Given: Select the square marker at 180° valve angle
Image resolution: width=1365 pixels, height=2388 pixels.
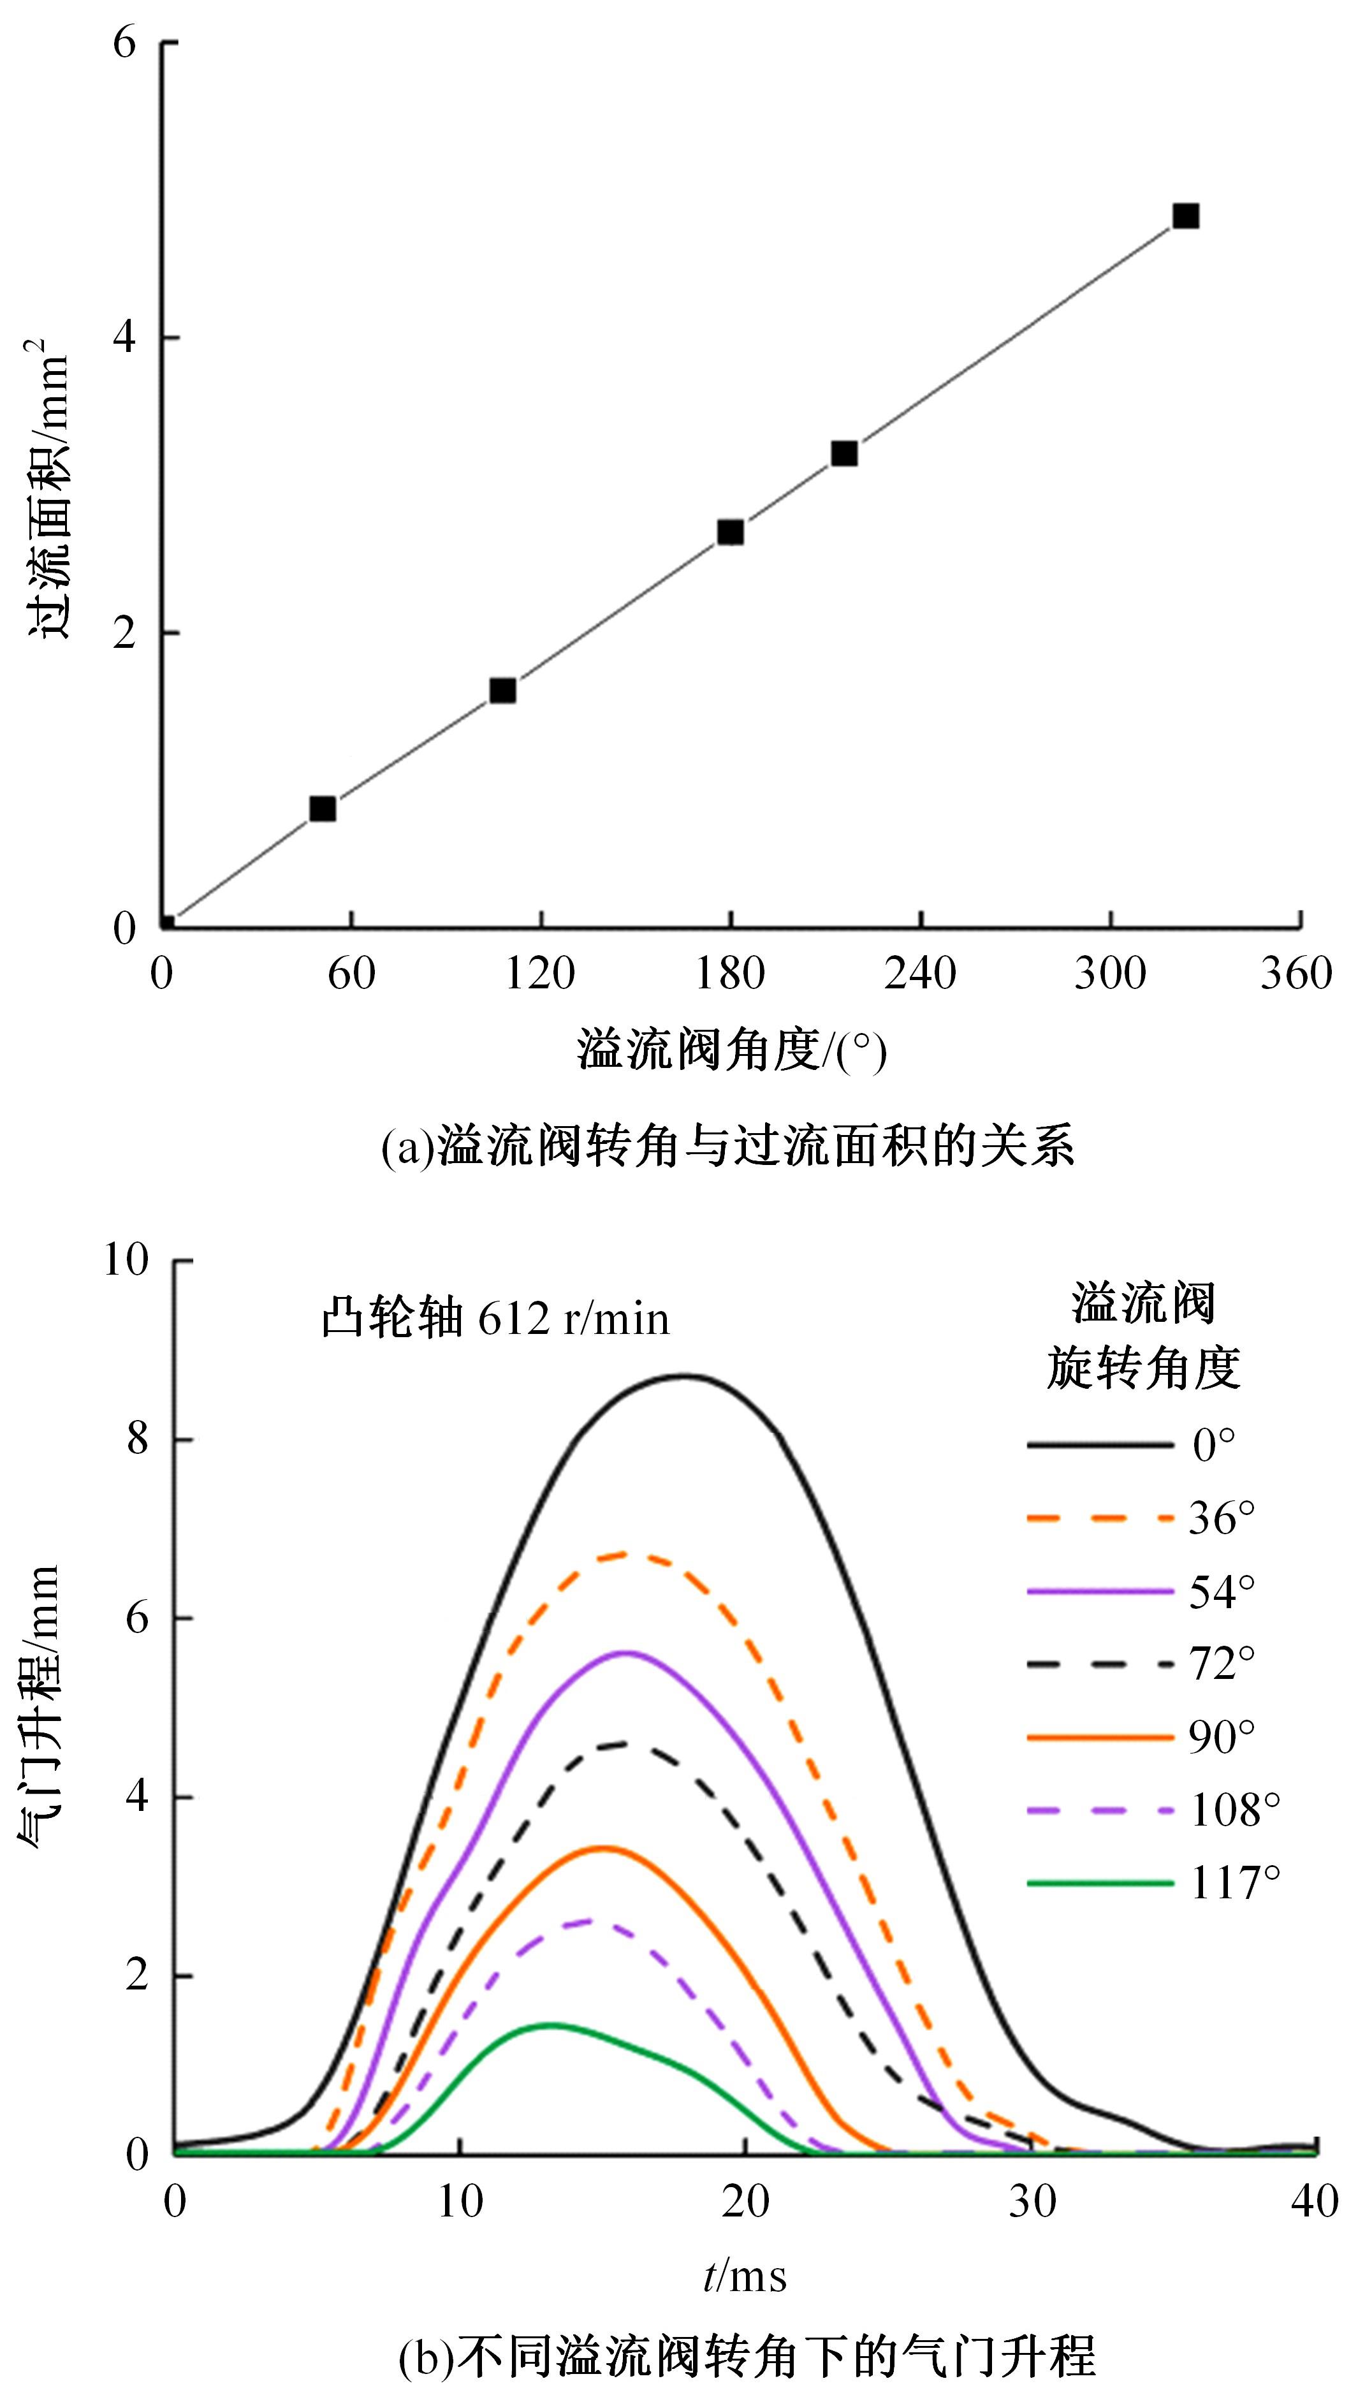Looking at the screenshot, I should tap(730, 532).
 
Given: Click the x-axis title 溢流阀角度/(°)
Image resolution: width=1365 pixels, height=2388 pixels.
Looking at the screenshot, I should tap(731, 1051).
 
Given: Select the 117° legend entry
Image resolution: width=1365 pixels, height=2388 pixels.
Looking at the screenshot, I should tap(1153, 1882).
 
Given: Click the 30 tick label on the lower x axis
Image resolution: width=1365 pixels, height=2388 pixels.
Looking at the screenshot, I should tap(1032, 2201).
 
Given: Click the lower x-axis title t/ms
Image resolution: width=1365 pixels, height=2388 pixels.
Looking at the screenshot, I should tap(745, 2276).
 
